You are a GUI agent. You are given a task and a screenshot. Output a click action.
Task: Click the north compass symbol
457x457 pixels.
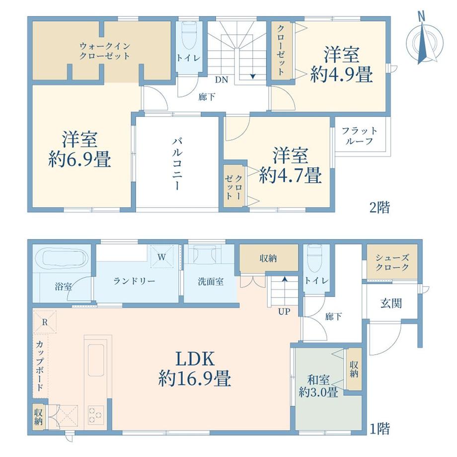425,41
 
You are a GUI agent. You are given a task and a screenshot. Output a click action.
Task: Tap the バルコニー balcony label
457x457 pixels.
177,164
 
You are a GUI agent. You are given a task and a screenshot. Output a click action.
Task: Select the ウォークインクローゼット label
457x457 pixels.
105,51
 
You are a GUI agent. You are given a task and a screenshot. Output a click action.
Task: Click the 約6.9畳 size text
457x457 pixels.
79,159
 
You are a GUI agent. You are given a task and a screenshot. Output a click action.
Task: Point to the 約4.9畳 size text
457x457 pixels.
341,75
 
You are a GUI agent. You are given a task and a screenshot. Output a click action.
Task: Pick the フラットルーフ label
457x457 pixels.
359,136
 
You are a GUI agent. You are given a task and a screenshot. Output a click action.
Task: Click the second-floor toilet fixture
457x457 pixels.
189,37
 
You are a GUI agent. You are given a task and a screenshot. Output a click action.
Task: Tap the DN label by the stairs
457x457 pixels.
222,80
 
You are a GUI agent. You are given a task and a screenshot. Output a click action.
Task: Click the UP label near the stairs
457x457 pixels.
284,311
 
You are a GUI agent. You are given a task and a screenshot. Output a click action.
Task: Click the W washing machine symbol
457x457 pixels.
162,257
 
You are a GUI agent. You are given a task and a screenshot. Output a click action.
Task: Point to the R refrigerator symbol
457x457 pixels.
45,322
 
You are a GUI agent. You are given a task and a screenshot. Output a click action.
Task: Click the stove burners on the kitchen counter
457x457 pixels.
95,415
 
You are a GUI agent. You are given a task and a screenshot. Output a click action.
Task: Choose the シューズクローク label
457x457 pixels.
392,262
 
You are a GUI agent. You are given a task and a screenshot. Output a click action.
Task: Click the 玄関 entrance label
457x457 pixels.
391,304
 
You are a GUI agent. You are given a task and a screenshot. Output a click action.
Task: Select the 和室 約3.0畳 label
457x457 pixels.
318,386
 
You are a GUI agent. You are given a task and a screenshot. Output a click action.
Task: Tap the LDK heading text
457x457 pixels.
195,359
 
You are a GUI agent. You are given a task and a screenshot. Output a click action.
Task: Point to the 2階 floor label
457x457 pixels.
380,208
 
